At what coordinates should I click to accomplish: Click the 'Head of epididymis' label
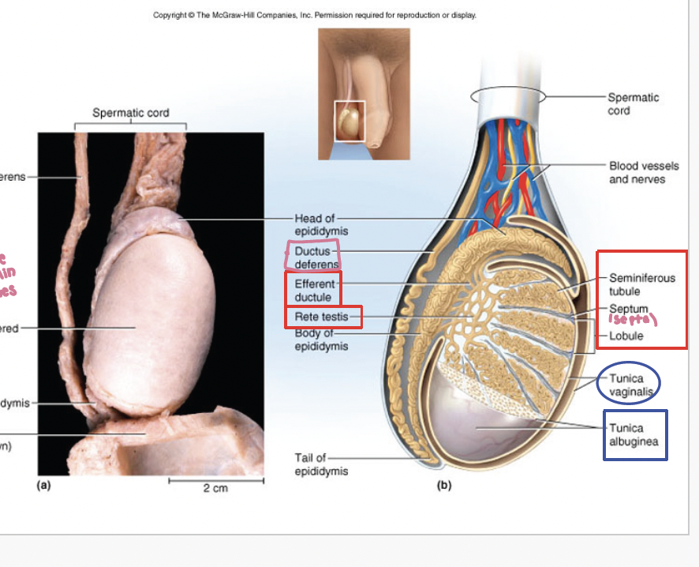click(321, 224)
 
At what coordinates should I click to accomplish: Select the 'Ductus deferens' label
click(316, 257)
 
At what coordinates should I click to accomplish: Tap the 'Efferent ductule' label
click(314, 291)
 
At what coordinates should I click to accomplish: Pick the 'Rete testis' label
click(316, 317)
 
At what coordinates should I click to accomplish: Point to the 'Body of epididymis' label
click(321, 340)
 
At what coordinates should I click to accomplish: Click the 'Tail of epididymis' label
click(321, 464)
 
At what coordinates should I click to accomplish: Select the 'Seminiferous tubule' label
click(641, 284)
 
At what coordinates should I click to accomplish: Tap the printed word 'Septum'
click(628, 308)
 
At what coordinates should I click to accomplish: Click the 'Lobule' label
click(626, 336)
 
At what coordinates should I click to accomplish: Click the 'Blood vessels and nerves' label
click(643, 172)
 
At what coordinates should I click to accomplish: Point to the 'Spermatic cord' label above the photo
click(131, 113)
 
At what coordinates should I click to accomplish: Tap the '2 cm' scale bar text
click(215, 488)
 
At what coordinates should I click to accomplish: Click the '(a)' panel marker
click(44, 486)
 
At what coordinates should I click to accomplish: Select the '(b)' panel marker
click(444, 486)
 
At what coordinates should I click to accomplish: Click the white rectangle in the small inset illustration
click(349, 121)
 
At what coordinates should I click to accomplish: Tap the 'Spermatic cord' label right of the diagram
click(633, 103)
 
